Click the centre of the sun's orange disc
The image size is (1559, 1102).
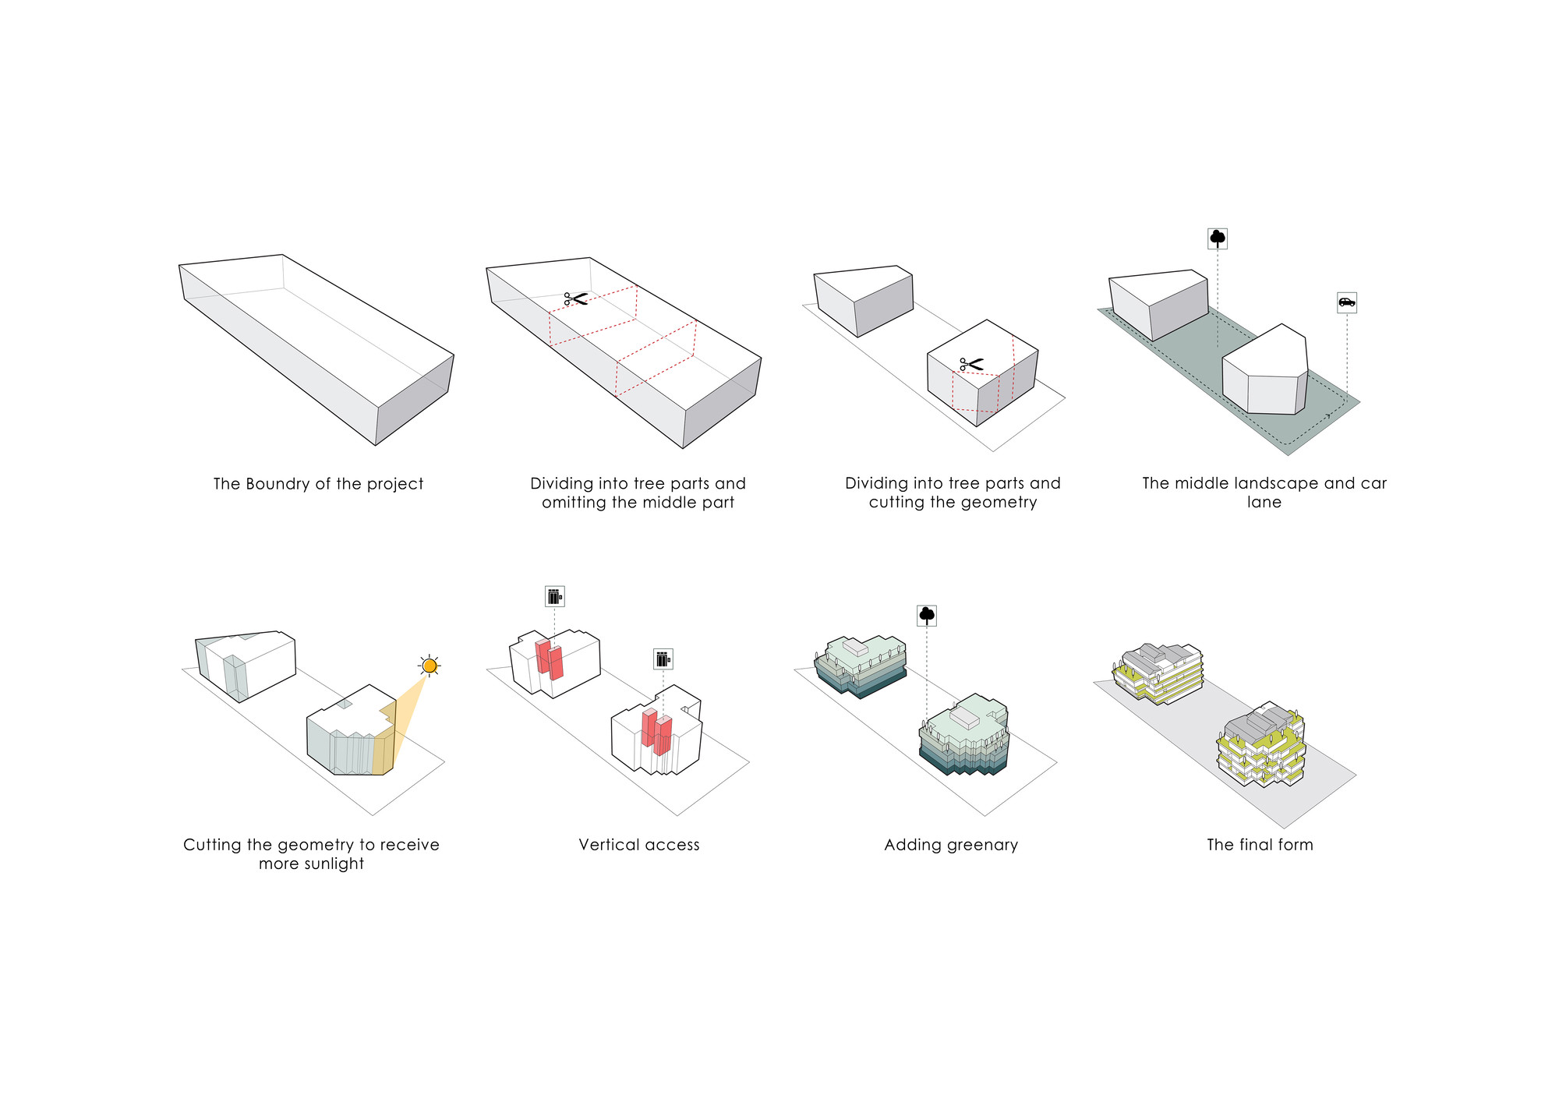(x=430, y=666)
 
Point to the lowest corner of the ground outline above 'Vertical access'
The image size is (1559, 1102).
(x=677, y=816)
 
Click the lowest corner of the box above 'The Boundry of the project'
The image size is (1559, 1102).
(x=376, y=446)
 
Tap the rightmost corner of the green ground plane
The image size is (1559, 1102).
(x=1360, y=402)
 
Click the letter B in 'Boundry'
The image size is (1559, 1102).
(x=251, y=484)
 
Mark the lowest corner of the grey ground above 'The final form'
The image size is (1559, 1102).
(x=1284, y=828)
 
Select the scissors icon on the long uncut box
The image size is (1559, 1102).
(x=575, y=298)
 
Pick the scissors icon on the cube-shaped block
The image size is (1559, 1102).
(x=971, y=364)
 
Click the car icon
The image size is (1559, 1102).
(x=1347, y=302)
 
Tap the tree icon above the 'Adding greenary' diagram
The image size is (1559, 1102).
(x=927, y=616)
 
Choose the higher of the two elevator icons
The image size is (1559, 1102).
(x=554, y=596)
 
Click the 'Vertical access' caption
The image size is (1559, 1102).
(x=639, y=845)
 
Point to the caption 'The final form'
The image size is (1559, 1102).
(x=1260, y=845)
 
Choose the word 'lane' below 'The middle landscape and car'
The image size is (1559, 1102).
(x=1264, y=503)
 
